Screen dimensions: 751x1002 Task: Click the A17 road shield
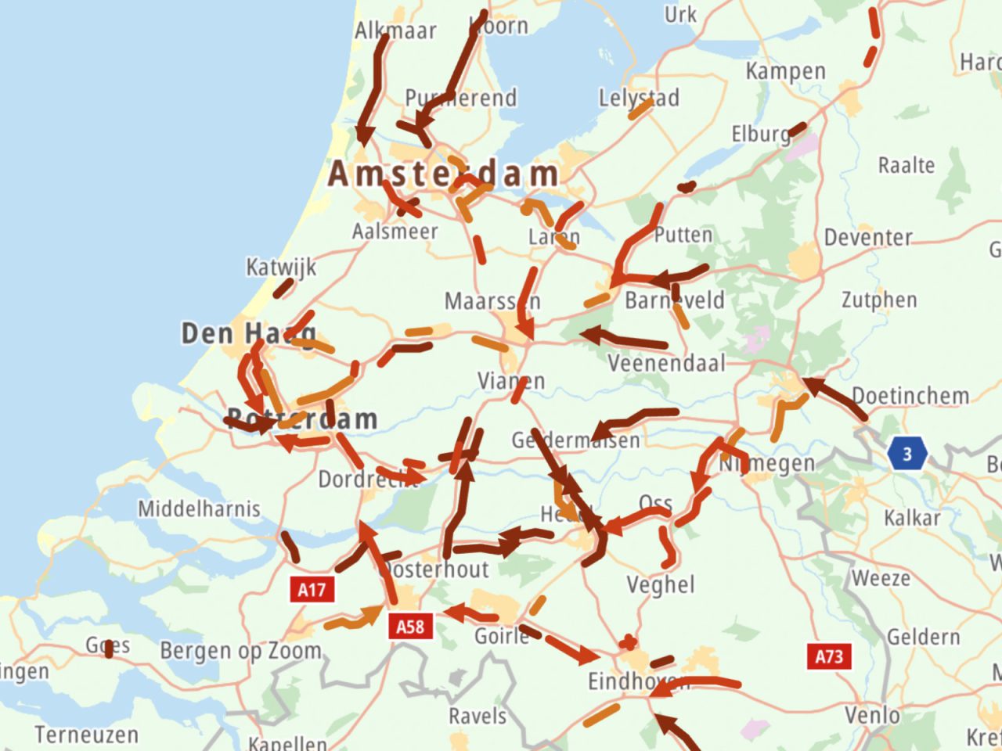click(x=312, y=589)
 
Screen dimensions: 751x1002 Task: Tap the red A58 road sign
click(x=410, y=626)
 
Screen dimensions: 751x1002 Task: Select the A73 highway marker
click(x=829, y=656)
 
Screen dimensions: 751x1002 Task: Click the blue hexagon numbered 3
click(x=907, y=454)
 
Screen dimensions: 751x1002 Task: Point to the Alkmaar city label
click(x=395, y=31)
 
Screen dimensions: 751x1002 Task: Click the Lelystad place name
click(x=639, y=98)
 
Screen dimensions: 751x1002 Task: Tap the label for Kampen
click(x=785, y=71)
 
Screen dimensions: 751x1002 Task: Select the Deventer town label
click(x=868, y=237)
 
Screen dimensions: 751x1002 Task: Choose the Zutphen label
click(x=879, y=300)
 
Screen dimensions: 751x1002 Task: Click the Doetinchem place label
click(x=910, y=395)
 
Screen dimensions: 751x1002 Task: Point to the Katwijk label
click(x=282, y=267)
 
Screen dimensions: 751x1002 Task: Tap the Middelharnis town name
click(x=199, y=508)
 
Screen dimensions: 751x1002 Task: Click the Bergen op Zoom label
click(x=240, y=650)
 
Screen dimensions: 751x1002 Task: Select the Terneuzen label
click(x=86, y=735)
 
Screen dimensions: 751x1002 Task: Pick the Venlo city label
click(x=872, y=715)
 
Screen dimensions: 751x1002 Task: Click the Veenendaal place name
click(x=666, y=363)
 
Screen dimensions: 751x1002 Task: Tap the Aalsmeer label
click(x=395, y=231)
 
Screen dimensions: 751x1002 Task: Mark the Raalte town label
click(x=906, y=165)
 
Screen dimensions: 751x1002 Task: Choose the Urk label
click(x=680, y=15)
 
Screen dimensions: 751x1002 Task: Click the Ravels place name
click(x=478, y=716)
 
